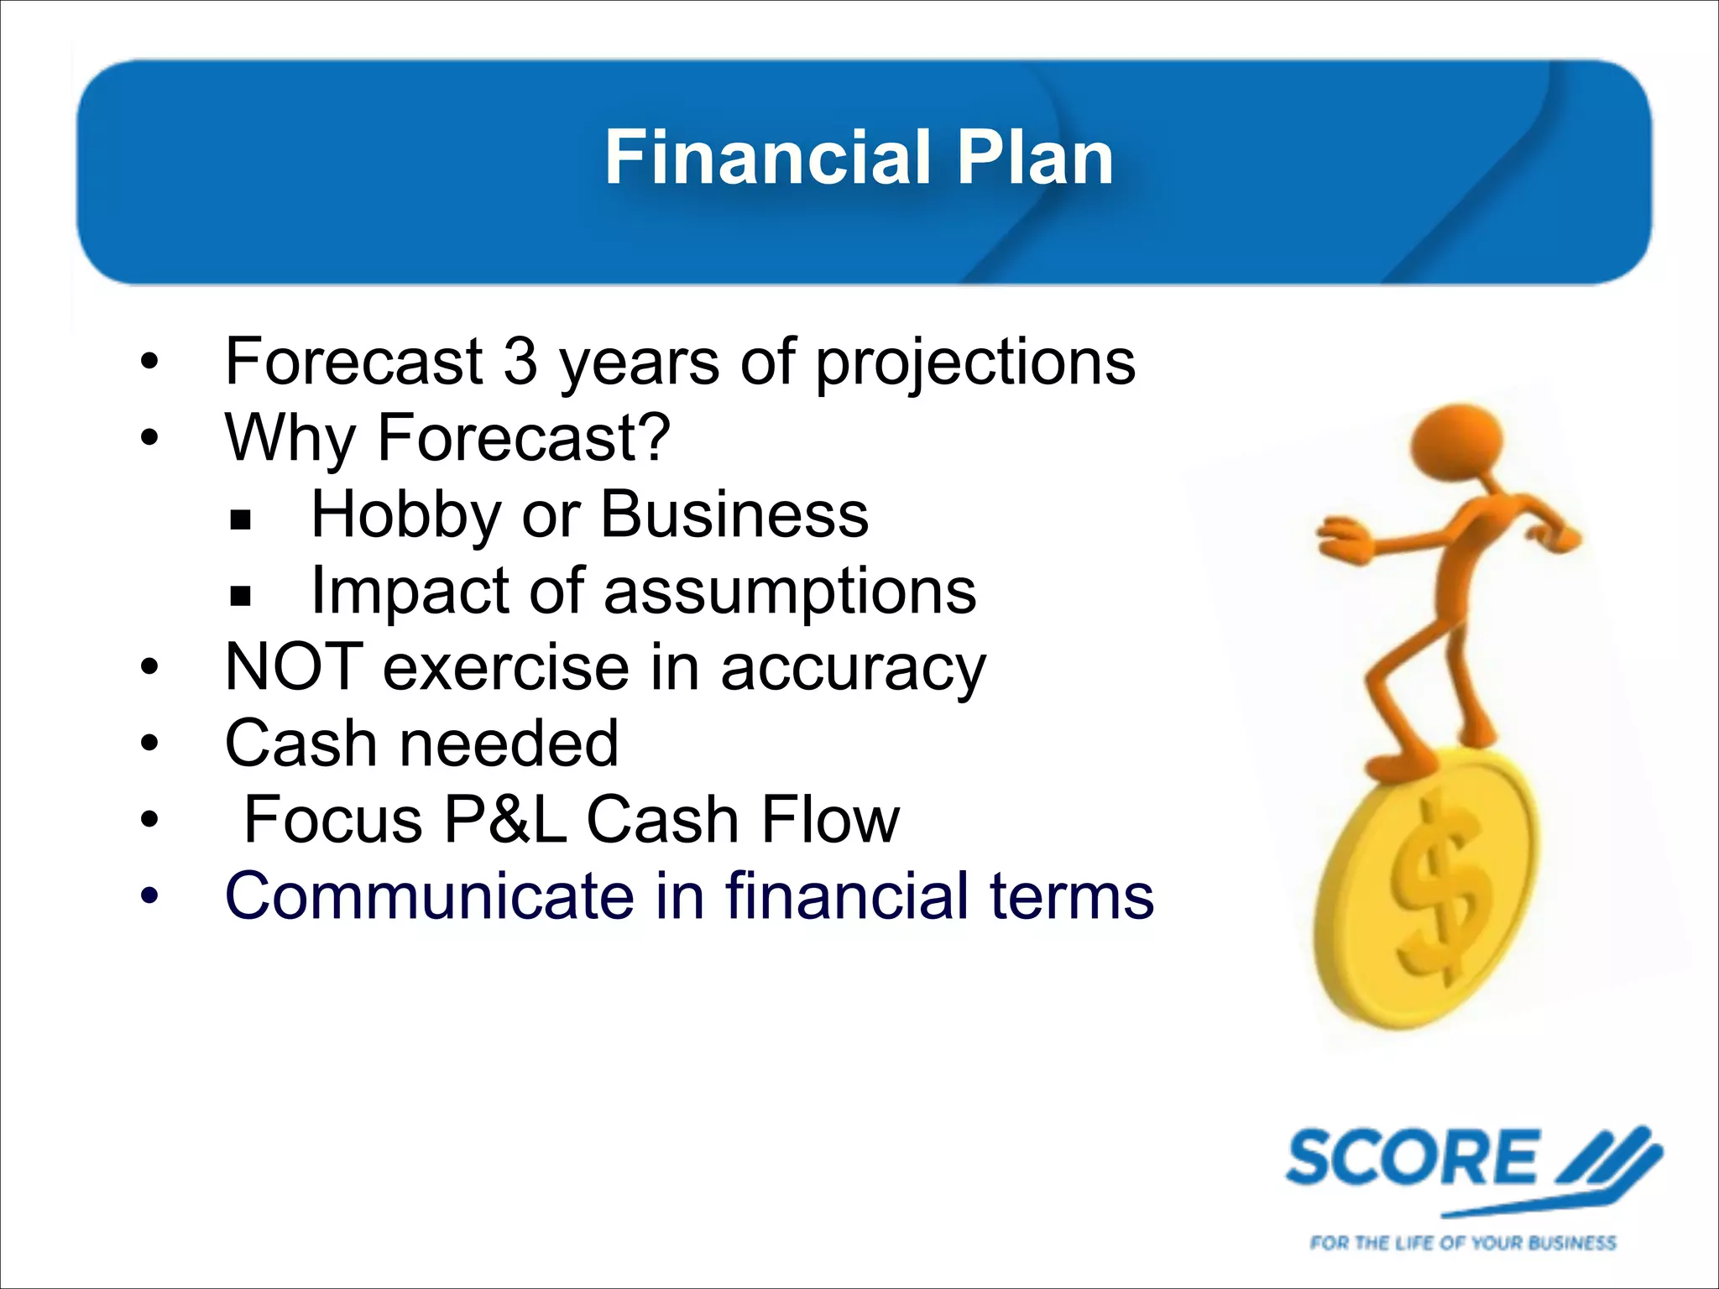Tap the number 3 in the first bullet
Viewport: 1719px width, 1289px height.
pos(520,363)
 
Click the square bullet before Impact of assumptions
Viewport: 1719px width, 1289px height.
pos(241,597)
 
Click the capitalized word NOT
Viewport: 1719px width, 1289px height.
pos(294,667)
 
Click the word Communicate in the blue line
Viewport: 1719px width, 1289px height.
pos(430,896)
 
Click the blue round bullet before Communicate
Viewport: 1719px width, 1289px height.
pos(149,896)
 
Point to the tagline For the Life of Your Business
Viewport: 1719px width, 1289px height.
pos(1462,1243)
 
